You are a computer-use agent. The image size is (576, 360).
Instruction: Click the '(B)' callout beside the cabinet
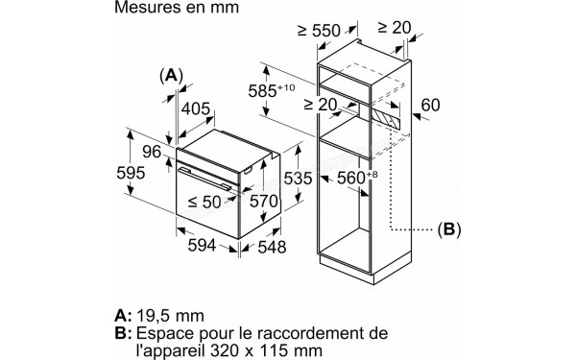[448, 229]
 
